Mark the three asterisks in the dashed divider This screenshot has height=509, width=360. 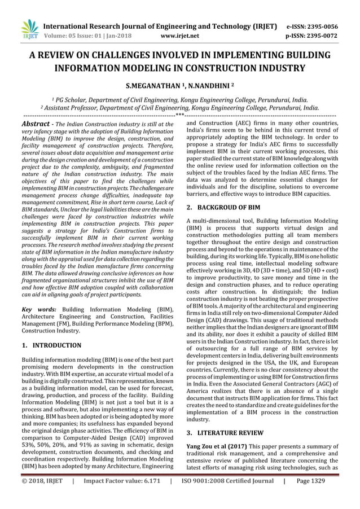coord(180,115)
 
